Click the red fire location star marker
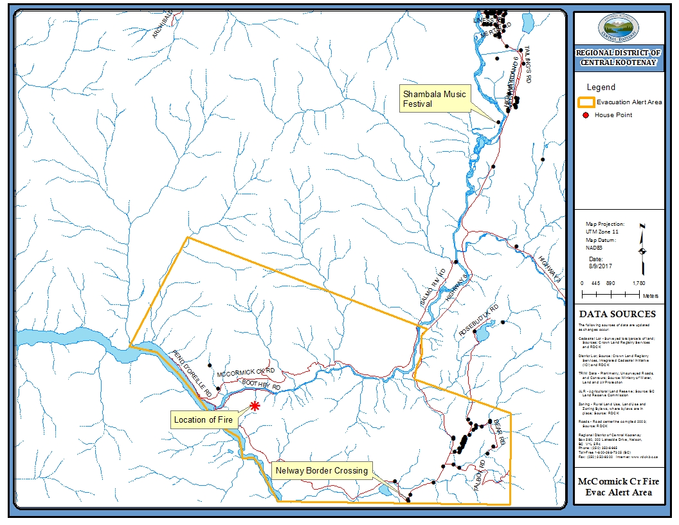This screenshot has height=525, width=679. (255, 406)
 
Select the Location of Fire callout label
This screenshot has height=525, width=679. (204, 420)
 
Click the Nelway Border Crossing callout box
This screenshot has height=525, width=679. (321, 470)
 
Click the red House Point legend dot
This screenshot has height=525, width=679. (586, 115)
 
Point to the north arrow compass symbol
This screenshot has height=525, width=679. (642, 250)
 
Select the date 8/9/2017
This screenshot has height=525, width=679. (598, 264)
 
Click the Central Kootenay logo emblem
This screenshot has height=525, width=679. (618, 26)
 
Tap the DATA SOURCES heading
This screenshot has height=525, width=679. (617, 314)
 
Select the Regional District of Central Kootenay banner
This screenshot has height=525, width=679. (618, 58)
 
